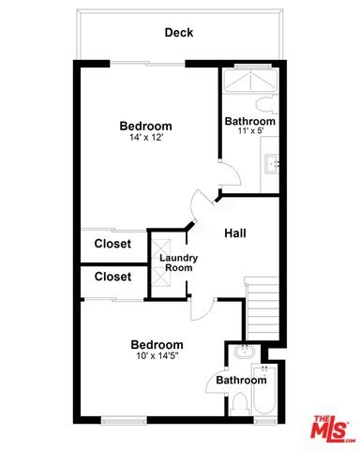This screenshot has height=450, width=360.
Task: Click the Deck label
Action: coord(179,33)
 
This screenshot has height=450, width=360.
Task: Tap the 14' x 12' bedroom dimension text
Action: coord(146,137)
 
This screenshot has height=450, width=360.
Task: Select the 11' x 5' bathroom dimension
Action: coord(250,130)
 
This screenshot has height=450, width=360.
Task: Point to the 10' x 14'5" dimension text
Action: coord(157,355)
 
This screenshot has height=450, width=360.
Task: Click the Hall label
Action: coord(235,233)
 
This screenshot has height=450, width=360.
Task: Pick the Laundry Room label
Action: coord(178,262)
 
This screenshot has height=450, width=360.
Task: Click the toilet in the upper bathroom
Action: coord(266,105)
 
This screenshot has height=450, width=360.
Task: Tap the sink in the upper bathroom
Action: coord(272,164)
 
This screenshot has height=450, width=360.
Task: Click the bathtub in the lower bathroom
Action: coord(264,389)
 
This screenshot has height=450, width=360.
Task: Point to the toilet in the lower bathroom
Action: coord(240,404)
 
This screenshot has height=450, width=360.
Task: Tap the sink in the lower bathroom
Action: coord(245,352)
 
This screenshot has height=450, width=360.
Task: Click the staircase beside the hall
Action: coord(262,308)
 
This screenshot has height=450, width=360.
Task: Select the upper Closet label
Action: coord(112,244)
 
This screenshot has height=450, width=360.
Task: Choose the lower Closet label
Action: coord(112,277)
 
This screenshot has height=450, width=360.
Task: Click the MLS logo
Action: coord(332,428)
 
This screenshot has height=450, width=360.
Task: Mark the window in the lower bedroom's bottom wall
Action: coord(124,420)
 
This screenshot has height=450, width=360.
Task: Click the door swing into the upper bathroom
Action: coord(230,173)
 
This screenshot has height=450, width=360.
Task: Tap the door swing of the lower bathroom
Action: coord(217,382)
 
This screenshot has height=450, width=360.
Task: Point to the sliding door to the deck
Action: coord(147,64)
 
